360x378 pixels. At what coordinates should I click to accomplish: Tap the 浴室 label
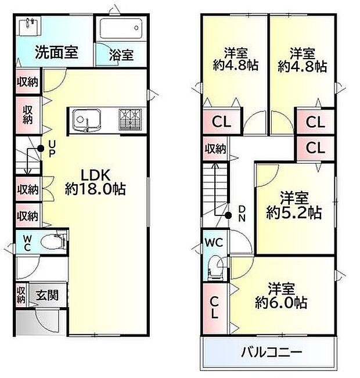pos(121,55)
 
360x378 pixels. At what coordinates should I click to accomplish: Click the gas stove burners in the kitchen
pos(130,120)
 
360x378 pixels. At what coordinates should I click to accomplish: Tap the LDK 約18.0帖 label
pos(96,181)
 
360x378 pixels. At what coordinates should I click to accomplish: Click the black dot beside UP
pos(39,149)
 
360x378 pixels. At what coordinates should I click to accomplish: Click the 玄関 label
pos(48,295)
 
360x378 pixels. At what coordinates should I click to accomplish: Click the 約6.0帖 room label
pos(282,296)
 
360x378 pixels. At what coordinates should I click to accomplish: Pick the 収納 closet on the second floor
pos(214,149)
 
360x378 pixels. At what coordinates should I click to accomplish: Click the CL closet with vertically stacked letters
pos(214,308)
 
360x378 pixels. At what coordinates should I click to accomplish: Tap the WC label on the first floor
pos(27,242)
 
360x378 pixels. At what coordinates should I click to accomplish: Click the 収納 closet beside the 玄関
pos(21,295)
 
